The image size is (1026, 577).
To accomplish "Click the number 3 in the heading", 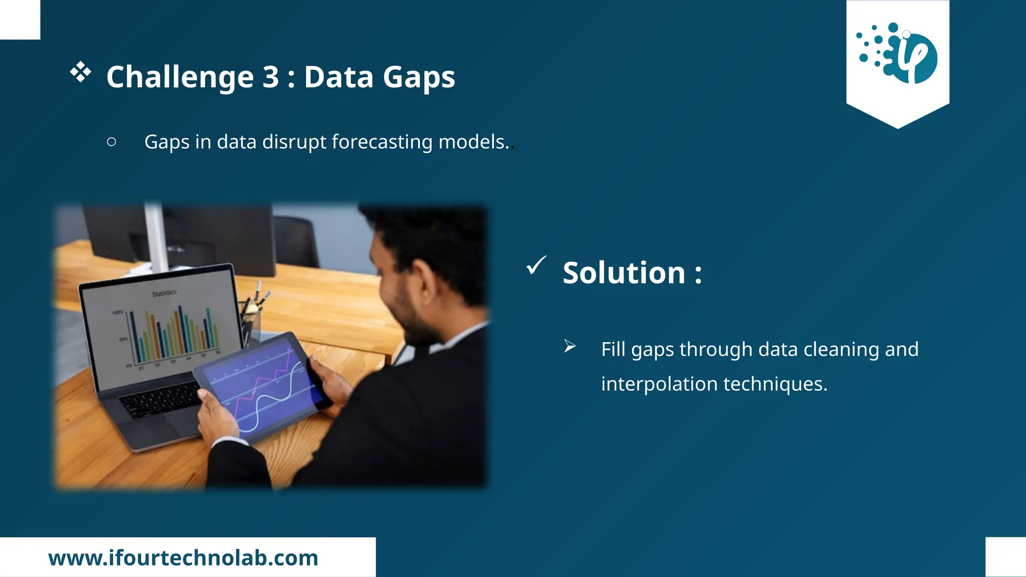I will (271, 77).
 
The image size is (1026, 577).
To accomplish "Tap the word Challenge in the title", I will (180, 77).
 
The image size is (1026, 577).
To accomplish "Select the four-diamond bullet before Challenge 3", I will (81, 72).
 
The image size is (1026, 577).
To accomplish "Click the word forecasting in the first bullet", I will (382, 142).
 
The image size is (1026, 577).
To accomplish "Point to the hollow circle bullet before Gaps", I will (111, 142).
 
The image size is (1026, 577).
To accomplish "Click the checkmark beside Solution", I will (536, 265).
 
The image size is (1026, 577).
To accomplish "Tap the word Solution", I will (624, 273).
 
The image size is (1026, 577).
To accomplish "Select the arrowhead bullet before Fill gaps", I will (570, 346).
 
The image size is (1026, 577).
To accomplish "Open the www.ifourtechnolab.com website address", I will (183, 558).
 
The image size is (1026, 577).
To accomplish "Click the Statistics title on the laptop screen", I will (164, 293).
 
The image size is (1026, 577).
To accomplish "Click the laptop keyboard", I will (160, 398).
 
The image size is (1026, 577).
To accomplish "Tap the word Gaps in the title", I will (419, 77).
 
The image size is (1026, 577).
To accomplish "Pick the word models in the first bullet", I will (473, 142).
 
